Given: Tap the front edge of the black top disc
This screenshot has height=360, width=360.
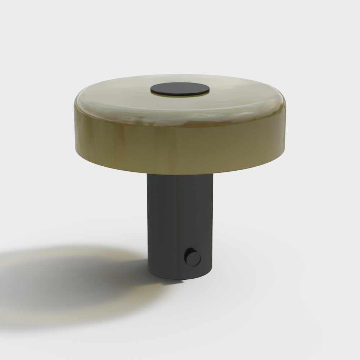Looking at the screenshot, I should pyautogui.click(x=180, y=96).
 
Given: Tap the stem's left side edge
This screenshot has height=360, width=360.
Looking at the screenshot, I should pyautogui.click(x=148, y=223).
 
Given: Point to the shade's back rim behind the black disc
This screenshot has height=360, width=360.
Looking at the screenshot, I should pyautogui.click(x=180, y=76).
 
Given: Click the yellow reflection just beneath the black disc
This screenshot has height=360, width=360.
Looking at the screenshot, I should pyautogui.click(x=180, y=97).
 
